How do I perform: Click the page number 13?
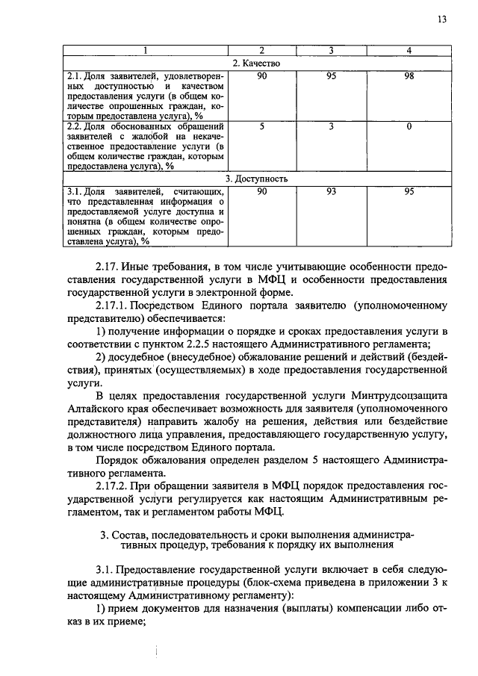click(442, 19)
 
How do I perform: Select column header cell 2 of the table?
click(261, 51)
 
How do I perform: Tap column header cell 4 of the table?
click(409, 51)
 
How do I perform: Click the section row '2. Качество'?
click(255, 63)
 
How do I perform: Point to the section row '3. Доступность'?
click(255, 179)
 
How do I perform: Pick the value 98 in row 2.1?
click(409, 76)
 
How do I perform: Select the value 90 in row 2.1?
click(261, 76)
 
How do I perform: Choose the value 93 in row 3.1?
click(332, 192)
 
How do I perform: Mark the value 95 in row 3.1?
click(409, 192)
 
